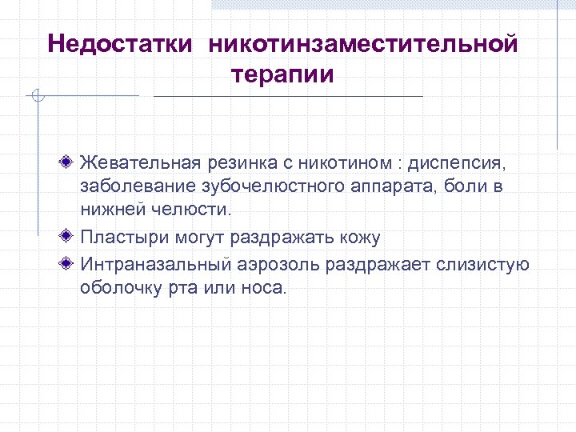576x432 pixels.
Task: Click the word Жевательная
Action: pos(134,163)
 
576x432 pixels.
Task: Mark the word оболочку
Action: pos(118,288)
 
